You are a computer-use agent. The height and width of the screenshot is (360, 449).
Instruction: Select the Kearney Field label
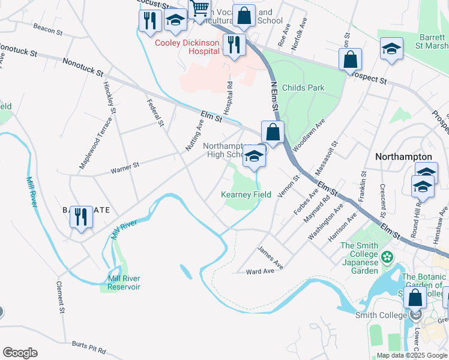tap(246, 194)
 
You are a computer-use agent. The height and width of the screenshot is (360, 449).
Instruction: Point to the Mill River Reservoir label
tap(124, 283)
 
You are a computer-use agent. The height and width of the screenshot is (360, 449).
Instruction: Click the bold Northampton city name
tap(403, 156)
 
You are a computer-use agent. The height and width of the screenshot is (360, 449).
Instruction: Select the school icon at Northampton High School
tap(255, 158)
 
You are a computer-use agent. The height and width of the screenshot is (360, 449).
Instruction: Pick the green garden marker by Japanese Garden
tap(388, 257)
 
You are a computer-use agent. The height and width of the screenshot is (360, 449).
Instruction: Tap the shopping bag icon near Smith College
tap(415, 298)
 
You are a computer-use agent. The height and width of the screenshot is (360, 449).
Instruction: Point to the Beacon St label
tap(48, 29)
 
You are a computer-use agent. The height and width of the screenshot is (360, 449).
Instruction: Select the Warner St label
tap(125, 167)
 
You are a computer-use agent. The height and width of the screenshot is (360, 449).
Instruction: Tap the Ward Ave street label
tap(260, 271)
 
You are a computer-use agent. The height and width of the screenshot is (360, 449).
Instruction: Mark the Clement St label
tap(61, 297)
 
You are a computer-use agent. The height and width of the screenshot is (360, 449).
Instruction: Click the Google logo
tap(20, 353)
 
